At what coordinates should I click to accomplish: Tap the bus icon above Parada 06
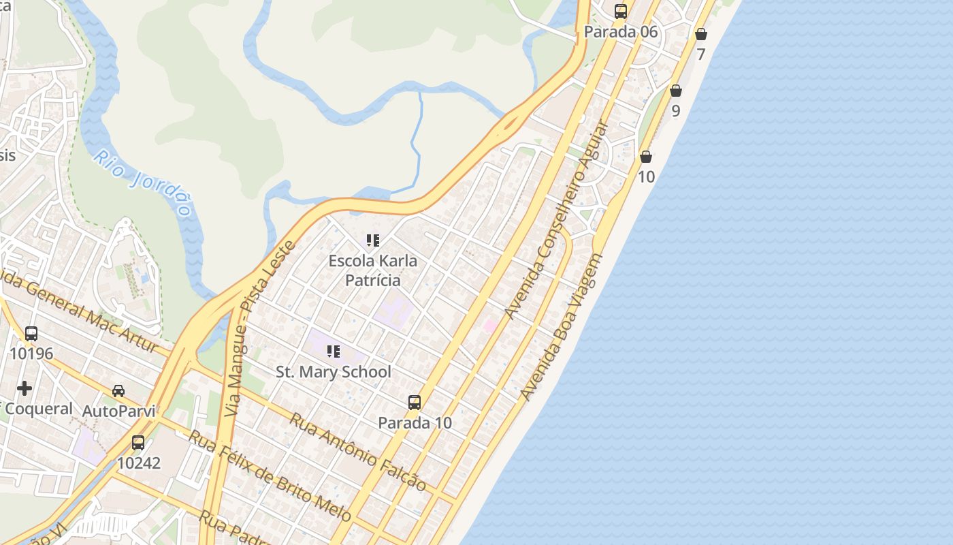click(x=621, y=11)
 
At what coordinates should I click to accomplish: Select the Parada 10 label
click(x=415, y=422)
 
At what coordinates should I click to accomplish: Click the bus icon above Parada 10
click(x=415, y=402)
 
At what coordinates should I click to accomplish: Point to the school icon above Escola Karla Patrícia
click(x=372, y=240)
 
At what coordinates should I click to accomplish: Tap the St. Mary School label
click(x=334, y=371)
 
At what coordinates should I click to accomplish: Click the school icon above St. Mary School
click(x=333, y=352)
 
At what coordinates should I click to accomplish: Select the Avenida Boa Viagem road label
click(x=562, y=327)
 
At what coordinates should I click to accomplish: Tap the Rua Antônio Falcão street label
click(x=358, y=452)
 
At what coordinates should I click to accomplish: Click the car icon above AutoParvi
click(x=118, y=390)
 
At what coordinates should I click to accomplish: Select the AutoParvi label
click(x=118, y=411)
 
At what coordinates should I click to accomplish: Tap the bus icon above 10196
click(x=31, y=334)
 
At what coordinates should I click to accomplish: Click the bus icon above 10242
click(x=138, y=443)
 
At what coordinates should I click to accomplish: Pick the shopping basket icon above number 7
click(x=701, y=34)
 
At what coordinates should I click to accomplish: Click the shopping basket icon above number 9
click(x=675, y=91)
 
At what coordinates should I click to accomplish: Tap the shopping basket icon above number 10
click(x=646, y=157)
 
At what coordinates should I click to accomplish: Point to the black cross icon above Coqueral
click(x=25, y=388)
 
